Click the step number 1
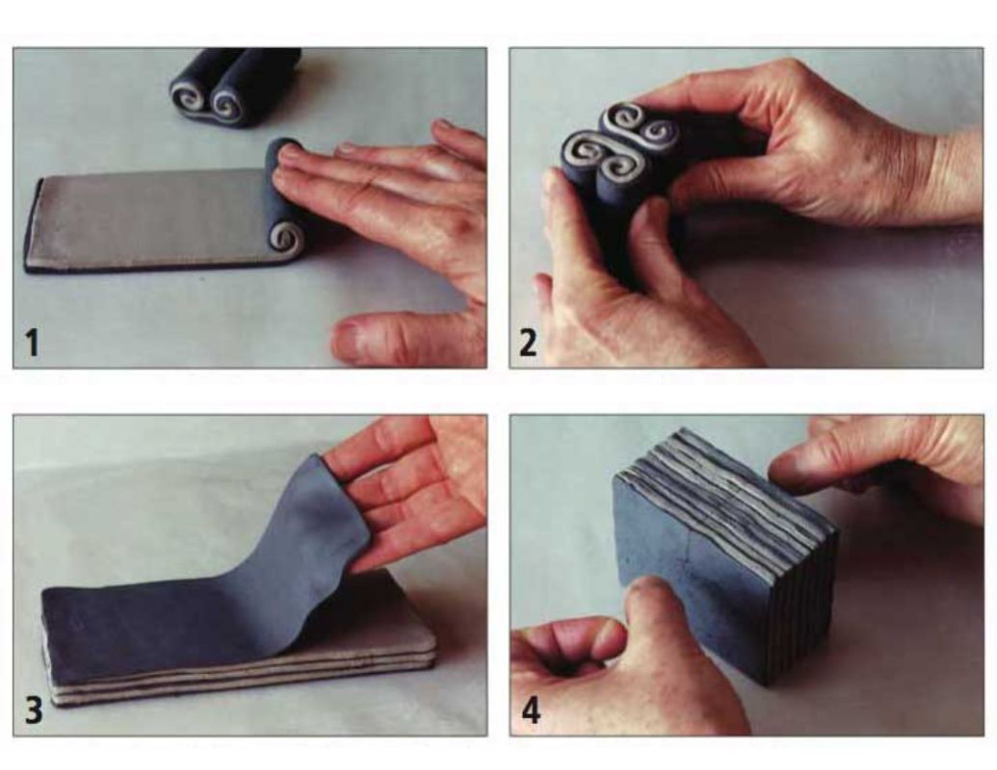point(32,342)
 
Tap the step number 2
point(529,342)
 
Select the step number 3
point(34,709)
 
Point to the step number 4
point(531,709)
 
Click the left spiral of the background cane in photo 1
point(190,97)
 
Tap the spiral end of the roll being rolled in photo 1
point(285,239)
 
